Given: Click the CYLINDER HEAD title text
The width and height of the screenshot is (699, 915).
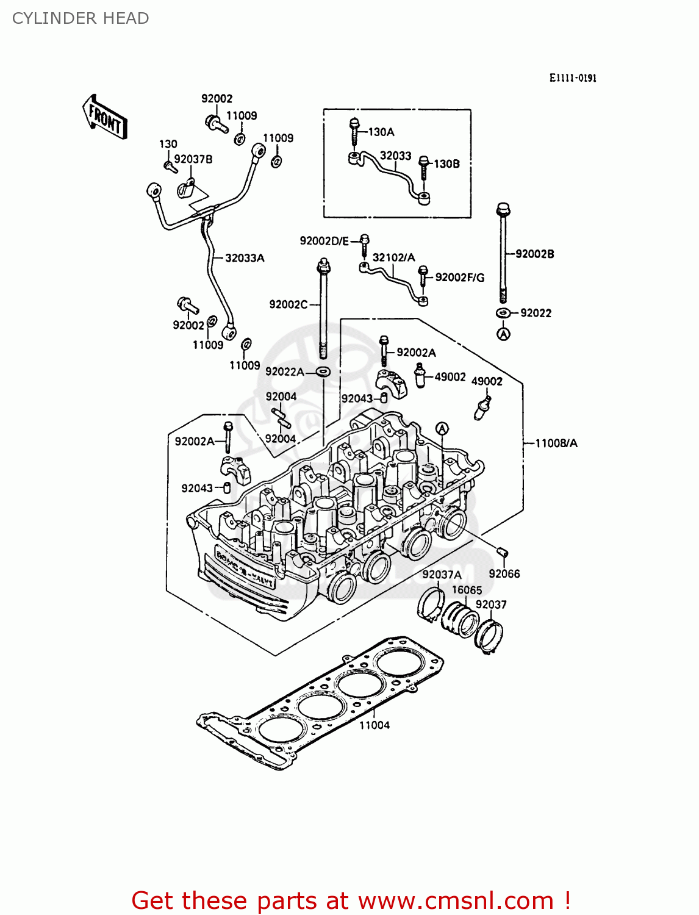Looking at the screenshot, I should (x=81, y=18).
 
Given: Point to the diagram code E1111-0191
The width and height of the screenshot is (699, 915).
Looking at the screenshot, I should (x=573, y=78).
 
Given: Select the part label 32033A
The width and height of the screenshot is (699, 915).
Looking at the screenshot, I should (x=245, y=258).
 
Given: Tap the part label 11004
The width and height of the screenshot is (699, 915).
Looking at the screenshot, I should (x=374, y=725).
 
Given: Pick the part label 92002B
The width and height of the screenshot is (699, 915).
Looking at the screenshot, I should (x=535, y=254).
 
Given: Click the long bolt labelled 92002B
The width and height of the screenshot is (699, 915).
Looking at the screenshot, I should (x=503, y=253).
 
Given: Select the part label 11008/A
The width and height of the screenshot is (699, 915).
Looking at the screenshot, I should (x=556, y=443).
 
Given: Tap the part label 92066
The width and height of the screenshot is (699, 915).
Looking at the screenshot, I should (x=504, y=573).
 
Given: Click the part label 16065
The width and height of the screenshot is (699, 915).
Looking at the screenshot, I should (x=467, y=590).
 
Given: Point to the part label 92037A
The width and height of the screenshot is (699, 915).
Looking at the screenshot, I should (x=442, y=575).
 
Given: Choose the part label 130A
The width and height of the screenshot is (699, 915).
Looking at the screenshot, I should (x=381, y=132).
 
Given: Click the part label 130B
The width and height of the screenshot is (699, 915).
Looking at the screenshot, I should (x=446, y=163).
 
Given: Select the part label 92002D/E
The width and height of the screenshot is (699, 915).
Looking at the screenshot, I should (x=324, y=241).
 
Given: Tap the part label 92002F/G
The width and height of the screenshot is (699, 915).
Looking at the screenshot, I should (x=460, y=278).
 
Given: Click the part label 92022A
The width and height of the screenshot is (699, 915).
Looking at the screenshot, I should (x=284, y=371).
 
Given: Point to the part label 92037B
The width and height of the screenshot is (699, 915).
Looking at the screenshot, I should (x=193, y=159).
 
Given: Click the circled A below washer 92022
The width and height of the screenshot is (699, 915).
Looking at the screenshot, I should (x=503, y=334).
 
